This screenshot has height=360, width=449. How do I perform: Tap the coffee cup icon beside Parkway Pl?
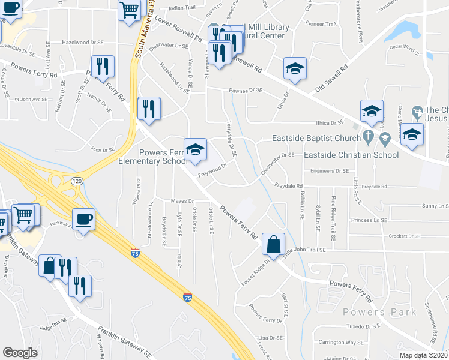83,219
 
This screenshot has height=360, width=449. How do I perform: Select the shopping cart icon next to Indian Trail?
130,11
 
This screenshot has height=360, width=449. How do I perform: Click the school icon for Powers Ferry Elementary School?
195,150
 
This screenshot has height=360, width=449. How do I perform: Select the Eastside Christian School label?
351,155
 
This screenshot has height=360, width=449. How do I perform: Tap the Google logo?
20,352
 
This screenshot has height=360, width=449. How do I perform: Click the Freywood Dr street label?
212,170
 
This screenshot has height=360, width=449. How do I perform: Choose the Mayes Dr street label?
184,201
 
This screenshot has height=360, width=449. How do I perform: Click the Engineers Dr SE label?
330,171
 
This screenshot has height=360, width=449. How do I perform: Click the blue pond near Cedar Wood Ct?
411,28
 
